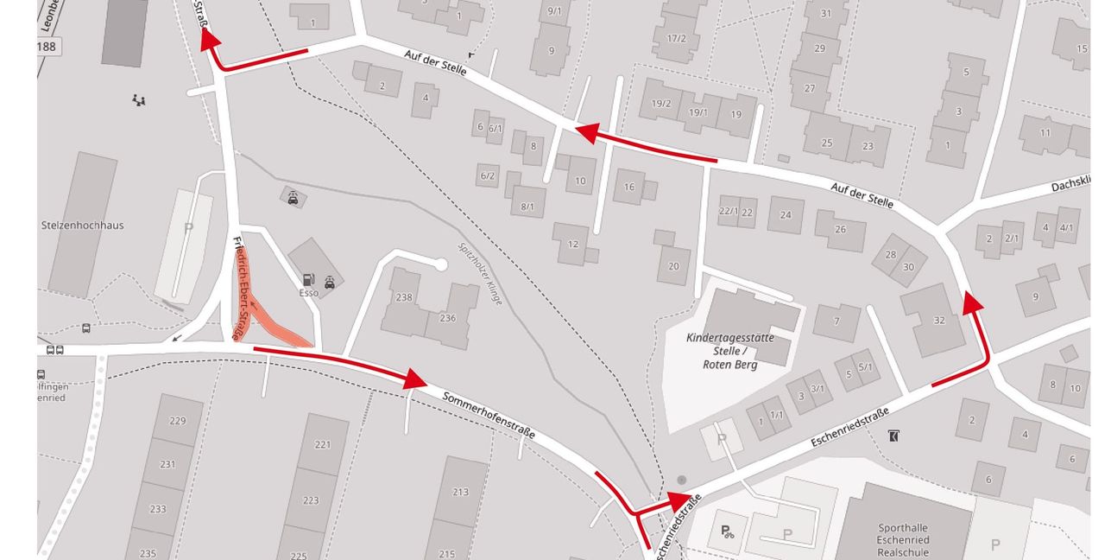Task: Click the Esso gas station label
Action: click(x=309, y=293)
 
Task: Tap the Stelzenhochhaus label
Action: click(x=82, y=226)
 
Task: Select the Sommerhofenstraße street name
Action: click(x=489, y=415)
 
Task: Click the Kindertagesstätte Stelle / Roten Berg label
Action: click(x=730, y=351)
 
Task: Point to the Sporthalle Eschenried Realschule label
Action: click(x=903, y=540)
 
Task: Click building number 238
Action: click(x=404, y=297)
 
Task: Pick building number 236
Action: click(x=447, y=318)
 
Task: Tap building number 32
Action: click(x=939, y=321)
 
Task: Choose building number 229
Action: click(x=178, y=421)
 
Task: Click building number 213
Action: click(x=460, y=492)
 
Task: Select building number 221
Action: click(x=323, y=445)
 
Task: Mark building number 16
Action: click(x=629, y=187)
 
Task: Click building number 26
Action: click(x=840, y=229)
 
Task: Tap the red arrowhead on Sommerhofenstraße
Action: click(x=415, y=379)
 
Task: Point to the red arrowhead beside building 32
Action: click(x=973, y=302)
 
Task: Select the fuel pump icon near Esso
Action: click(x=306, y=280)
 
